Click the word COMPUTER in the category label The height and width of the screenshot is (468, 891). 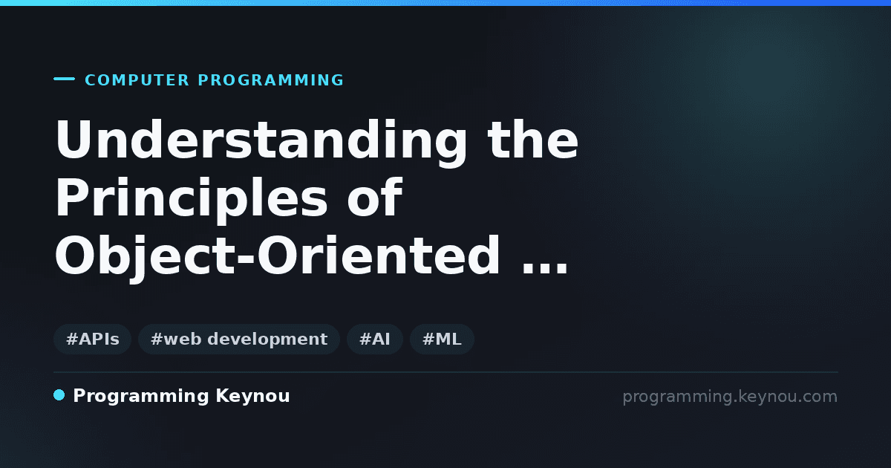click(x=137, y=80)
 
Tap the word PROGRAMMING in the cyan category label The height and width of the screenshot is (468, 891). click(x=271, y=80)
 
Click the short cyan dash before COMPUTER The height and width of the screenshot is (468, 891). click(x=64, y=79)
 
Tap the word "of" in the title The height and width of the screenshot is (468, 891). click(x=375, y=197)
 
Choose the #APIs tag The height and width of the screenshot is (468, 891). click(x=92, y=339)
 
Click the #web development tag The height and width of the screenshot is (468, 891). click(x=239, y=339)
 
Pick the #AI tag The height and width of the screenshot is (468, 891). click(x=375, y=339)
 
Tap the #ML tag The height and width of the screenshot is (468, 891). click(x=442, y=339)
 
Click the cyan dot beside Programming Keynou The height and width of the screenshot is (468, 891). click(x=59, y=395)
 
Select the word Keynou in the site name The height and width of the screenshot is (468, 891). click(x=252, y=397)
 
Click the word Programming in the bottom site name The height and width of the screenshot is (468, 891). click(x=141, y=397)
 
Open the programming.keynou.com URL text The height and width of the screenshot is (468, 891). click(x=730, y=397)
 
